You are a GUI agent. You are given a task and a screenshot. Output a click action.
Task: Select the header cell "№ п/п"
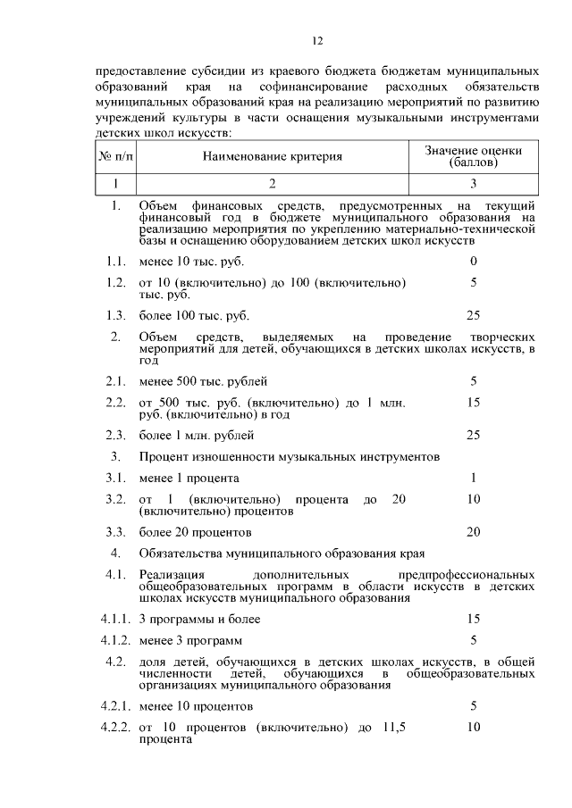[x=114, y=157]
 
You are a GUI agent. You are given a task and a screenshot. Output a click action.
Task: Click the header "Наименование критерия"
[x=272, y=157]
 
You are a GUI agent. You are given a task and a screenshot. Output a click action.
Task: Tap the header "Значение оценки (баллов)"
[x=473, y=157]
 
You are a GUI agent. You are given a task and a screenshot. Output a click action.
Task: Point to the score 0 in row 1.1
[x=473, y=261]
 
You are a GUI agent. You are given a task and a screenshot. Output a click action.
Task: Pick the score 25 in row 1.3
[x=473, y=315]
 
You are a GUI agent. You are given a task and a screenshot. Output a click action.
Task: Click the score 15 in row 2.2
[x=473, y=403]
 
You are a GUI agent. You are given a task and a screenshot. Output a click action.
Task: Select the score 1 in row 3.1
[x=473, y=478]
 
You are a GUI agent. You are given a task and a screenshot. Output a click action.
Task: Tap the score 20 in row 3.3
[x=473, y=531]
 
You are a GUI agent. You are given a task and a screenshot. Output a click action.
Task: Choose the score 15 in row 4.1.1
[x=473, y=618]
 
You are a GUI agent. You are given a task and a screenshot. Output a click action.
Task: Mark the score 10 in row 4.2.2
[x=473, y=727]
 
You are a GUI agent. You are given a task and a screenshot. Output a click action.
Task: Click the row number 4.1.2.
[x=114, y=640]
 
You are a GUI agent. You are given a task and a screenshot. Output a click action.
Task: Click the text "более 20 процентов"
[x=195, y=532]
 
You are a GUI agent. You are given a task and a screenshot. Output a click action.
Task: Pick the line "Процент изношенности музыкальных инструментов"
[x=289, y=456]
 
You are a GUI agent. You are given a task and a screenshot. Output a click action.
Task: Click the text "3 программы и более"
[x=199, y=619]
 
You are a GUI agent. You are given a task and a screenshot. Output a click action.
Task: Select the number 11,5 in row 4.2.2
[x=391, y=728]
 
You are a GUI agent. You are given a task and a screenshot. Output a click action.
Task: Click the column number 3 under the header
[x=473, y=184]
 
